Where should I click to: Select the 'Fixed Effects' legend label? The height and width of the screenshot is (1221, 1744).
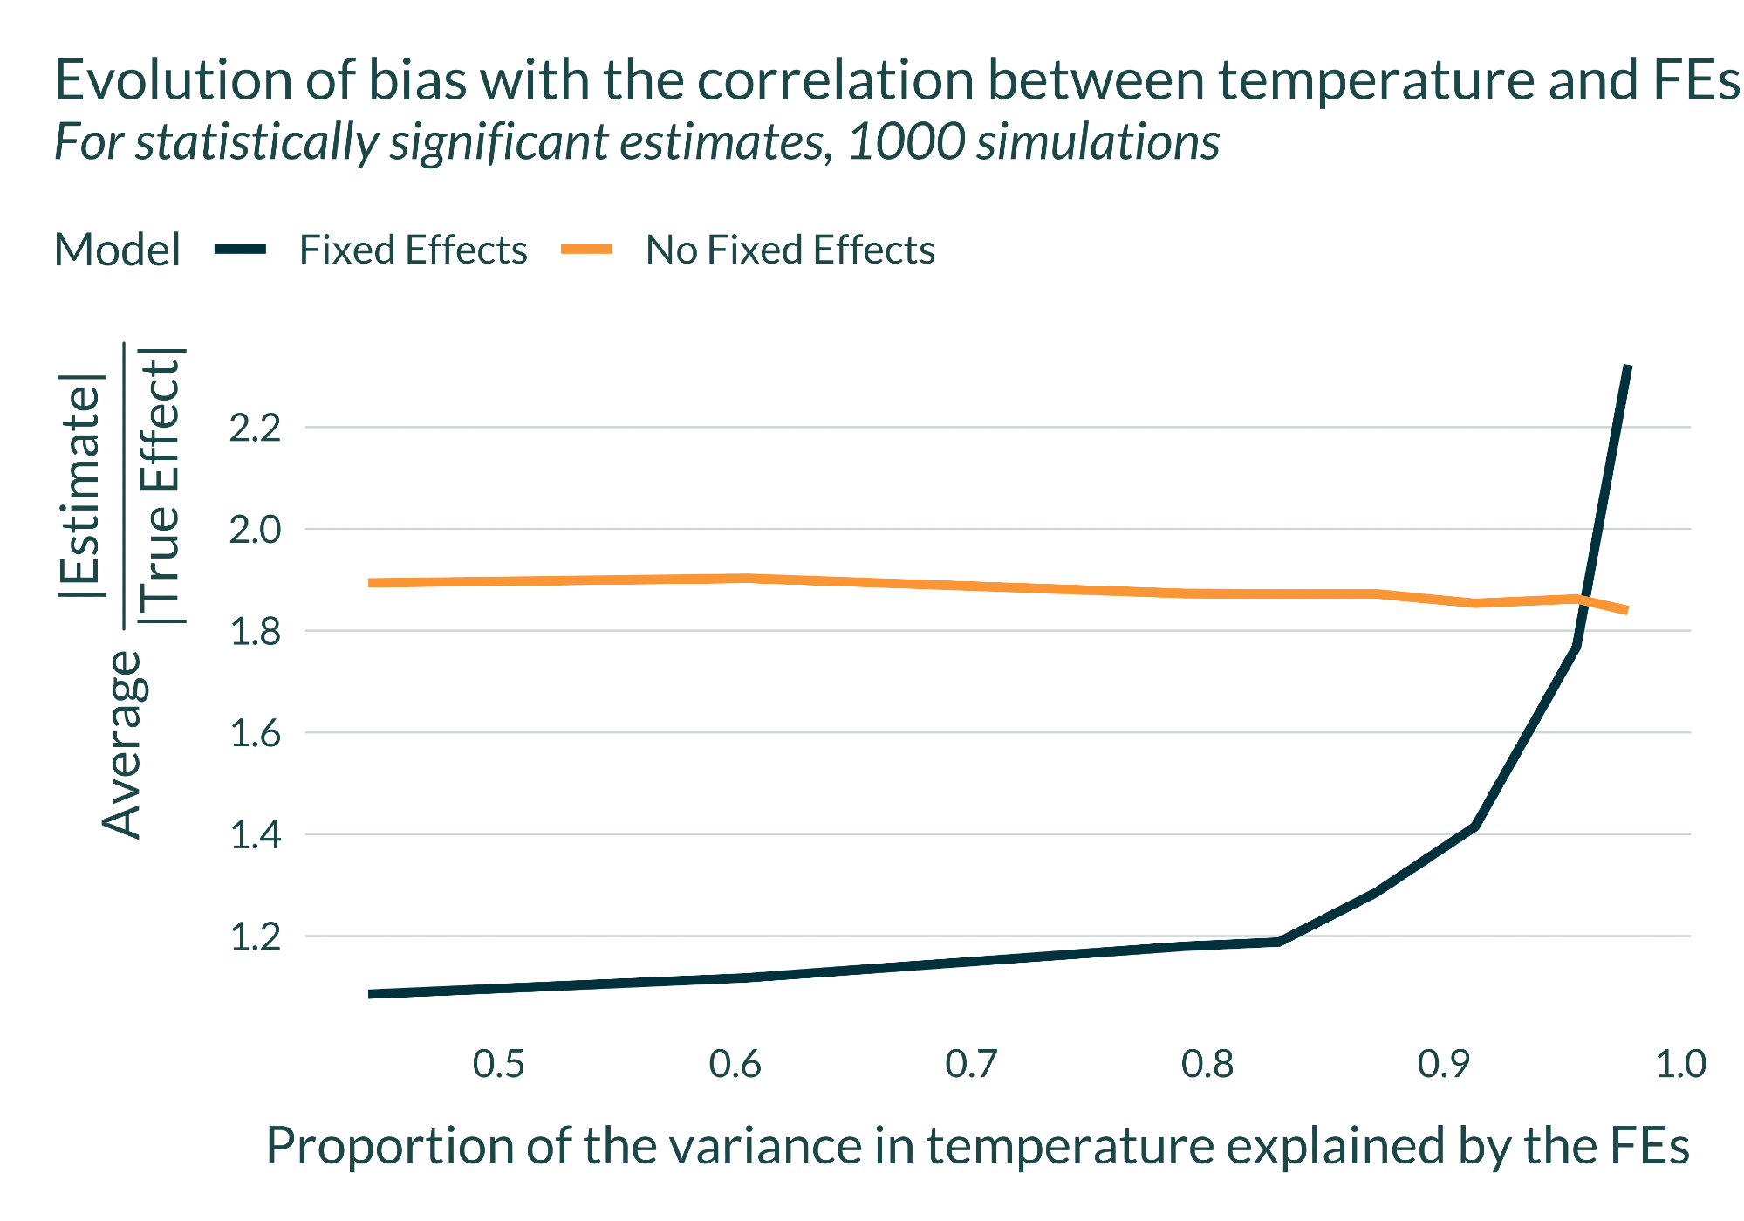pos(413,250)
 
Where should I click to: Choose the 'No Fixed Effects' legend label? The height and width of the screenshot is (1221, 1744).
pos(790,250)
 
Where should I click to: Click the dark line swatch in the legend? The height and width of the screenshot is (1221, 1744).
pos(240,250)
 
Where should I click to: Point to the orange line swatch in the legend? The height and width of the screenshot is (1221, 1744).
pos(586,250)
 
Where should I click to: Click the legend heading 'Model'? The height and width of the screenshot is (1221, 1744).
pos(117,250)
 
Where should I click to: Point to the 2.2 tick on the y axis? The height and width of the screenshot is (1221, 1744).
pos(255,429)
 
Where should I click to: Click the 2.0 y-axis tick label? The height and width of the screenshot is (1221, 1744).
pos(255,530)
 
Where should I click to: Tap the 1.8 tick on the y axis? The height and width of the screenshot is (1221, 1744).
pos(255,632)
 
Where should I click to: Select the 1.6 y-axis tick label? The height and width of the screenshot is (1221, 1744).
pos(255,734)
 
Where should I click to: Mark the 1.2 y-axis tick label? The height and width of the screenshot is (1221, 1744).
pos(255,937)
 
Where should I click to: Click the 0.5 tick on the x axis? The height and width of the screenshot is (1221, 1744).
pos(498,1065)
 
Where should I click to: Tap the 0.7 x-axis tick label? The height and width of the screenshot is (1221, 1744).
pos(971,1065)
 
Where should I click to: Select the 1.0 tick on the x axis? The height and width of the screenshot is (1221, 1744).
pos(1680,1065)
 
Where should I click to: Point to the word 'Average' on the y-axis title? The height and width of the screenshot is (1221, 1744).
pos(122,744)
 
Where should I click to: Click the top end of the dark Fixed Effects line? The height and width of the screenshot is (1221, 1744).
pos(1627,367)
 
